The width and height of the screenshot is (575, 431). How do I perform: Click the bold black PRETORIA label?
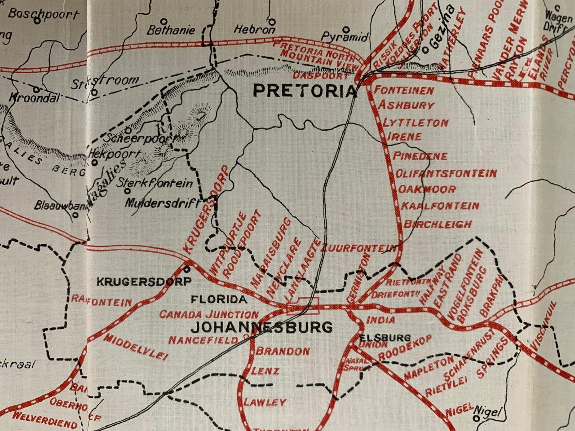(x=305, y=91)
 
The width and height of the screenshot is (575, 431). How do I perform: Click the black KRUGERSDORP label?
(x=145, y=282)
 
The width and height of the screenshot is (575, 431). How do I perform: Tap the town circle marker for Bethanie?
(x=165, y=21)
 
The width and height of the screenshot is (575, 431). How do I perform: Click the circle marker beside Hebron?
(x=272, y=21)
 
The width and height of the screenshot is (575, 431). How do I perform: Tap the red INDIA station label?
(x=381, y=320)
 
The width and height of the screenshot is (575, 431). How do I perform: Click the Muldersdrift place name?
(x=162, y=202)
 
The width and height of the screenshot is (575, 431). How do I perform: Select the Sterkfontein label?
(x=155, y=183)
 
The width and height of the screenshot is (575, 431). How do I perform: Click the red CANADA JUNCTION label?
(x=209, y=314)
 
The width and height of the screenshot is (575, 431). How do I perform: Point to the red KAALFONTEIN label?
(x=440, y=206)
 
